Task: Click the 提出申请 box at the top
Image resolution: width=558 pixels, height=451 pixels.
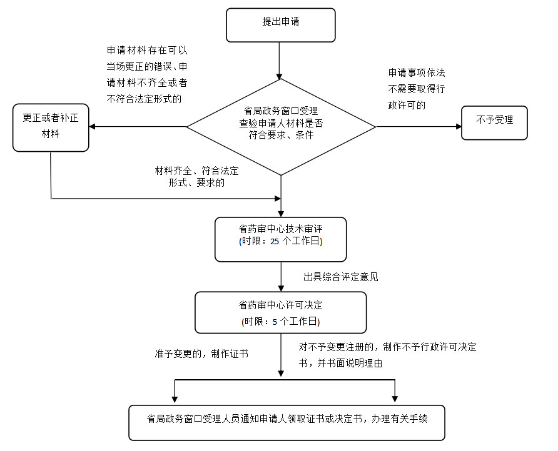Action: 281,24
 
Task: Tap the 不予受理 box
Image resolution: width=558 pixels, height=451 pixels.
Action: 494,122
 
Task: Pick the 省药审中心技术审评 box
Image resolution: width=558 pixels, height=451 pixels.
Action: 280,239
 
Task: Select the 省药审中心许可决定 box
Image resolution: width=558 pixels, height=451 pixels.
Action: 280,312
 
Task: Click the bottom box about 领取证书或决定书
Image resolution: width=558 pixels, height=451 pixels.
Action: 287,423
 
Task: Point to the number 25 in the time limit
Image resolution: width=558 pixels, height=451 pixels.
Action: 275,241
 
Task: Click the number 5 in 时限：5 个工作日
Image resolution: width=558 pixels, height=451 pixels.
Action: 274,322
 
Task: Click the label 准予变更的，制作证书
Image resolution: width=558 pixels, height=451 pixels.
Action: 201,354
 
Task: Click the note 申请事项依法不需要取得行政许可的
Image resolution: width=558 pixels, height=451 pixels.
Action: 417,89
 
